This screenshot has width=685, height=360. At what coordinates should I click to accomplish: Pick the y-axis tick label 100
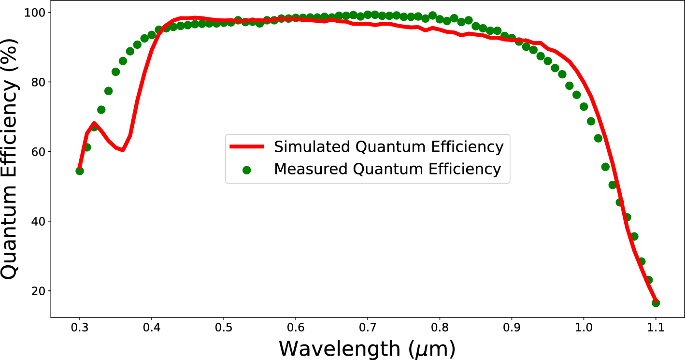click(34, 12)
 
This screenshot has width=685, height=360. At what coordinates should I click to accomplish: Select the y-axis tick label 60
click(38, 152)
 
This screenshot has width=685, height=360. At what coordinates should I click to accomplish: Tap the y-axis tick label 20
click(38, 291)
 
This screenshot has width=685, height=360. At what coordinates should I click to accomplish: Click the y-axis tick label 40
click(38, 221)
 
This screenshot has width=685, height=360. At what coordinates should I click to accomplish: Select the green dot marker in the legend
click(247, 170)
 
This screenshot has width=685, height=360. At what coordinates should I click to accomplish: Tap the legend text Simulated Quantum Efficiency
click(389, 146)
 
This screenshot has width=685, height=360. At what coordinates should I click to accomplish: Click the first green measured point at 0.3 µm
click(80, 171)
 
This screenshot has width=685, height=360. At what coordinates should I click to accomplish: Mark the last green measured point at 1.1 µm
click(656, 303)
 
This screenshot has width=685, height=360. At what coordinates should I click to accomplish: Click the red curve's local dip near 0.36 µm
click(123, 150)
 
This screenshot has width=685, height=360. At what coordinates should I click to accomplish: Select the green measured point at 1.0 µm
click(584, 106)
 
